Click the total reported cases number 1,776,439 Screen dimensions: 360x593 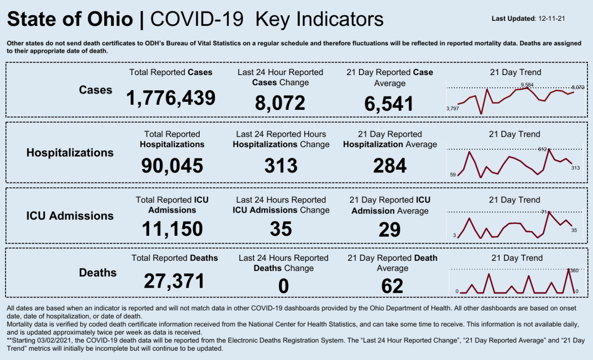(171, 98)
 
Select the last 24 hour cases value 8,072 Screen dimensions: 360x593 (280, 103)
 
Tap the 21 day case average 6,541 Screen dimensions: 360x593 (389, 104)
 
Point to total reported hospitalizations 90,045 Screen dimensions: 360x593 (172, 165)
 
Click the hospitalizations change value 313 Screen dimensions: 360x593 (281, 165)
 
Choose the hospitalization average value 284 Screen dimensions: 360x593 (390, 165)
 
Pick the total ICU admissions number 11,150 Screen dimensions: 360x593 (172, 229)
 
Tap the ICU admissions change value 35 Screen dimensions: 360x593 (281, 229)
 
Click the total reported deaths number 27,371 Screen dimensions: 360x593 (174, 281)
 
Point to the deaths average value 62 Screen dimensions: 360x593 (392, 286)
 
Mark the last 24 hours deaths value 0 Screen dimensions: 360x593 (283, 286)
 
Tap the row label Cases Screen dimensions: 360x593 (95, 90)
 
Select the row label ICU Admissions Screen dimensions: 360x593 (69, 216)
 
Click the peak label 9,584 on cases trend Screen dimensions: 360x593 (527, 85)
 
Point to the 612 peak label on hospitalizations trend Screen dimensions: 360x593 (543, 149)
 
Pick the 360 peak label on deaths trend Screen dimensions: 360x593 (574, 270)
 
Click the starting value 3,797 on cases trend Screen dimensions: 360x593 (452, 108)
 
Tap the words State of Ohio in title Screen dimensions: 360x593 (70, 19)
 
